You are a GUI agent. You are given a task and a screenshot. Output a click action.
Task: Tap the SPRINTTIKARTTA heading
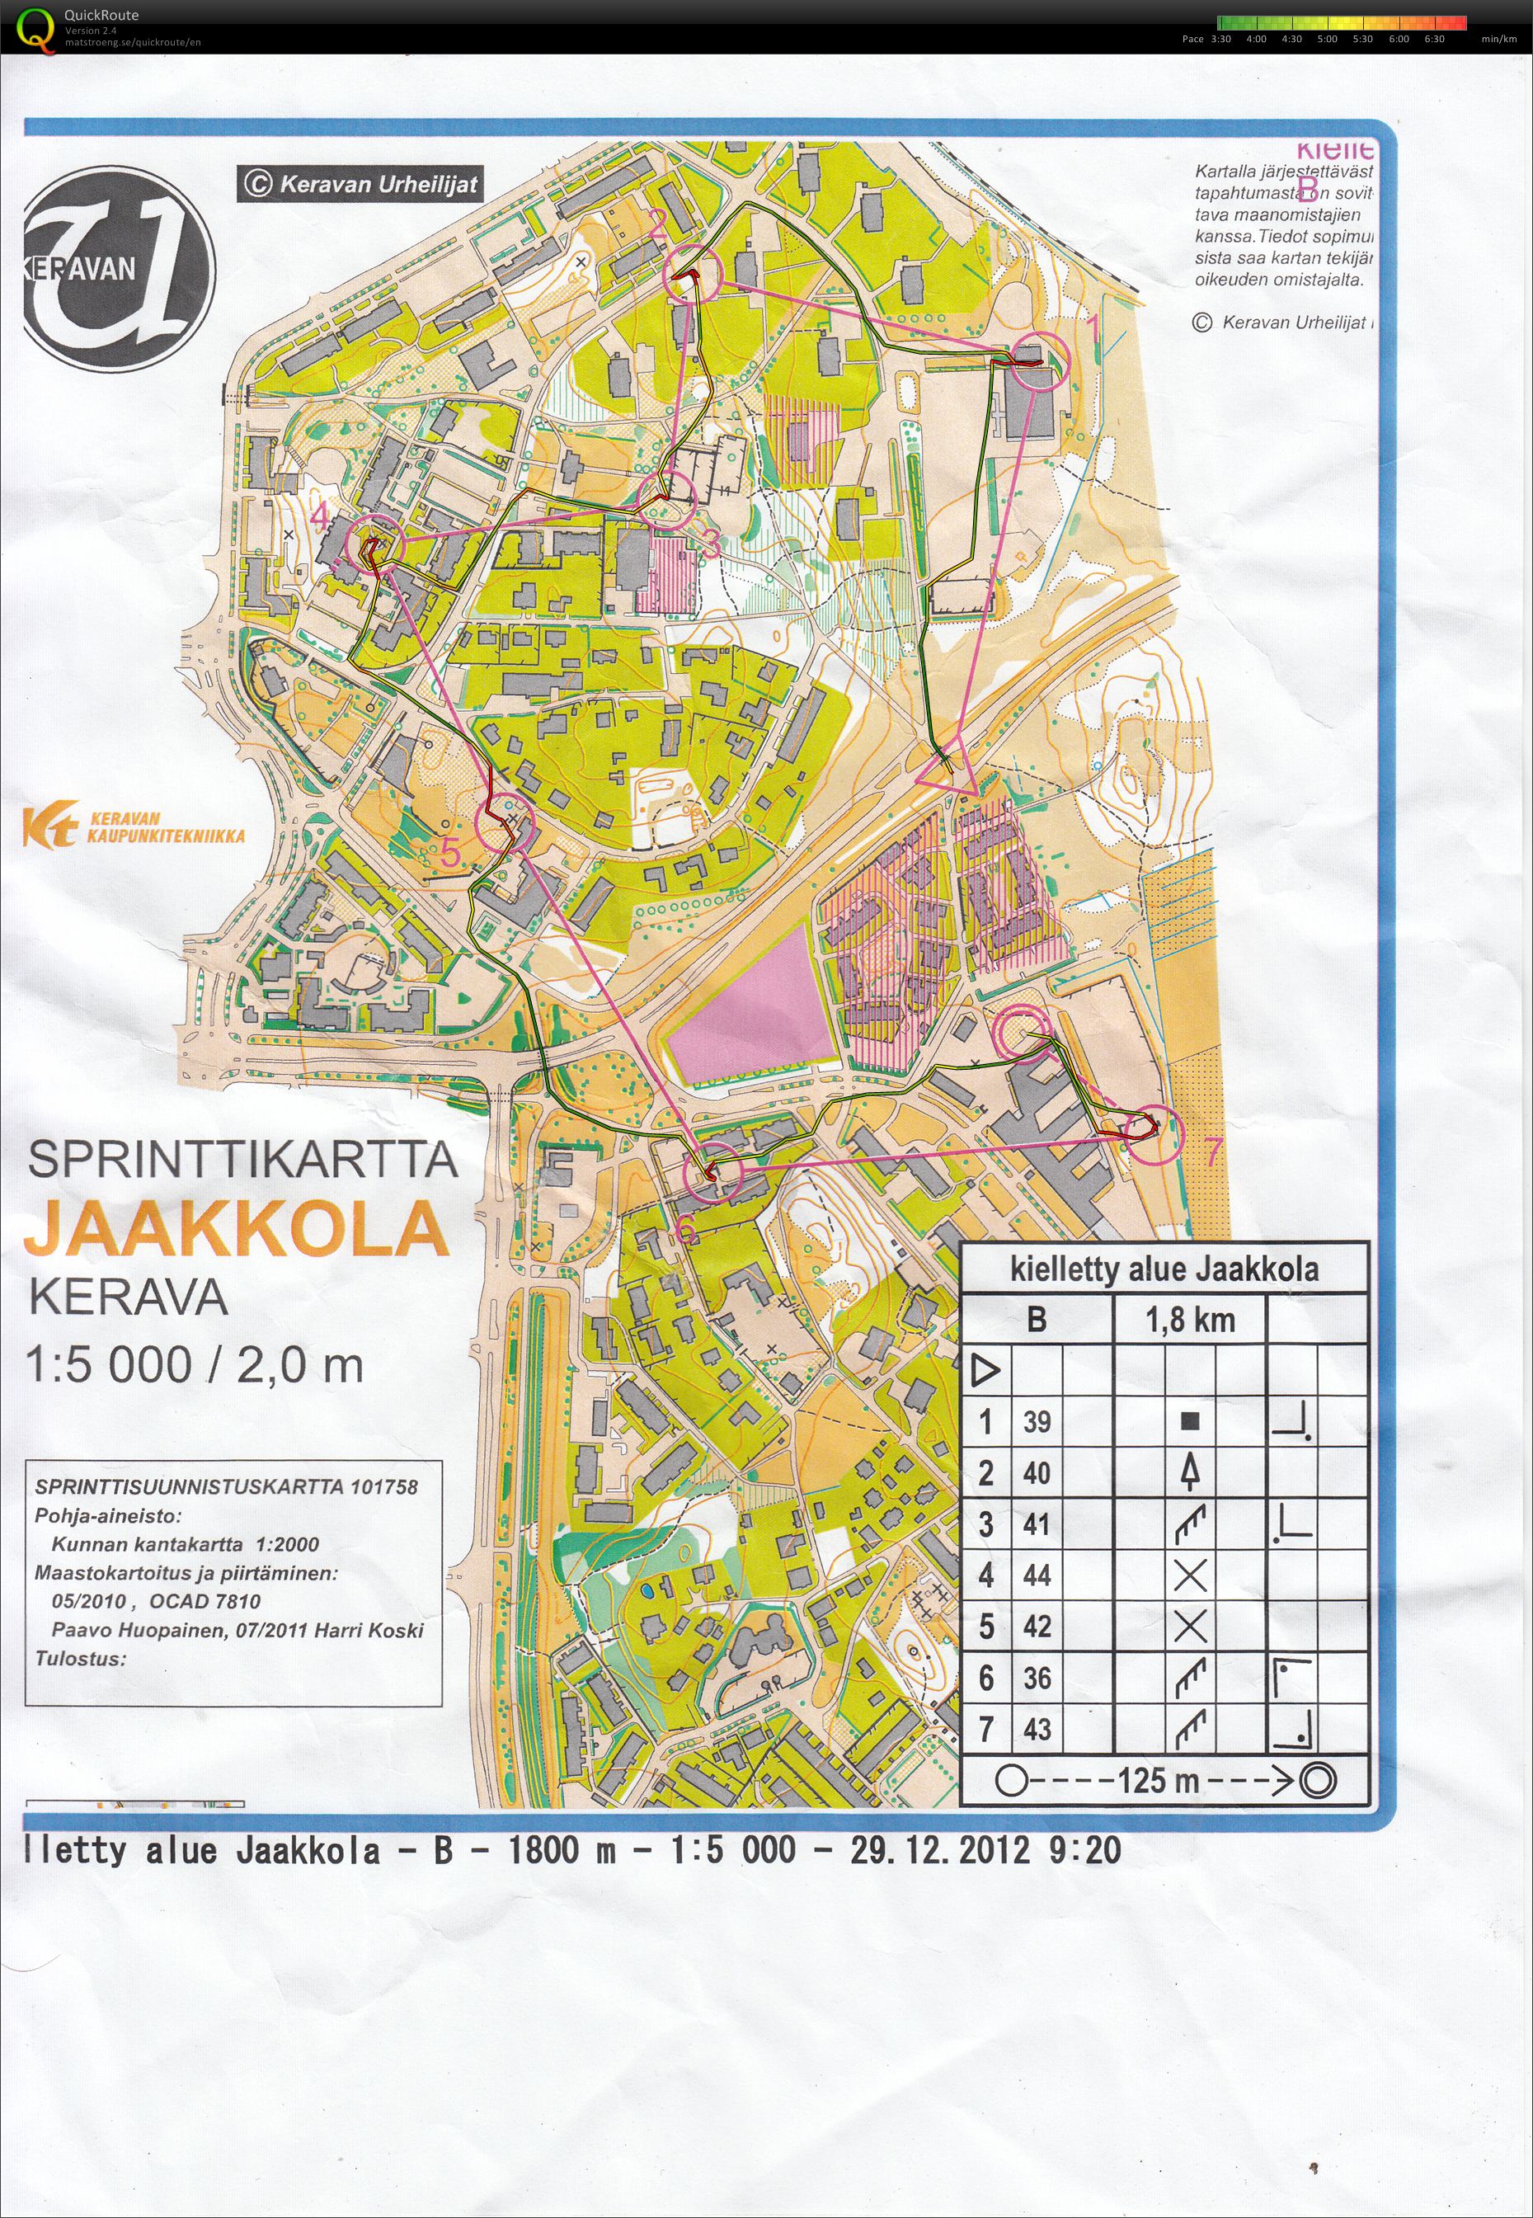(242, 1160)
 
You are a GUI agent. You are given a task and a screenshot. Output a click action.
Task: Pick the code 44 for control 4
(1037, 1575)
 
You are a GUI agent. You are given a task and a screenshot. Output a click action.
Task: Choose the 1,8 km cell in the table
(1189, 1320)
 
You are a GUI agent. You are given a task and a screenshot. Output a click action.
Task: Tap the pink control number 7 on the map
(1212, 1150)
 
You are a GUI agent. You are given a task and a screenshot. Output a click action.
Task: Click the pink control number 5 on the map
(450, 852)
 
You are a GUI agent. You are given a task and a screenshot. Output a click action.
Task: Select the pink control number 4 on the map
(319, 519)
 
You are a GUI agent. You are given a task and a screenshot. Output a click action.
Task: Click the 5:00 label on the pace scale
(1327, 40)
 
